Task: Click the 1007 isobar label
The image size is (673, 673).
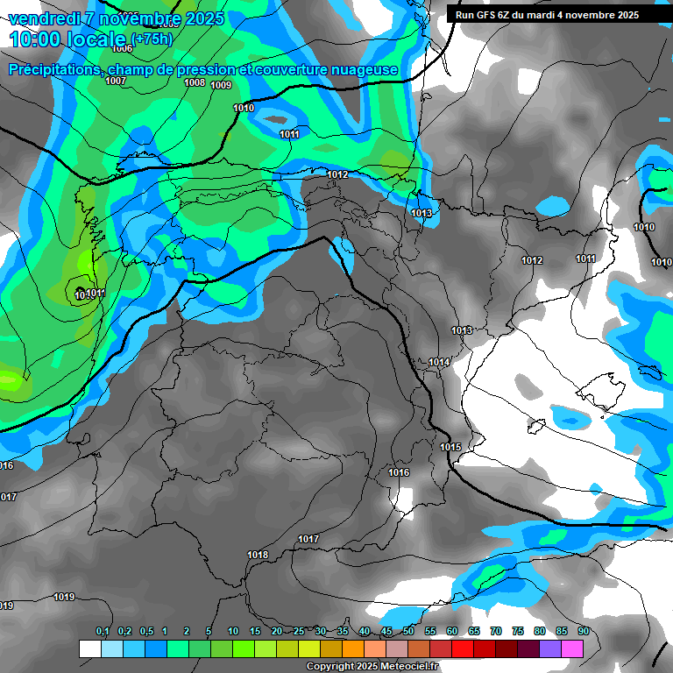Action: click(x=116, y=81)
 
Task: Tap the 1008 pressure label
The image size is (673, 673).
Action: click(x=195, y=82)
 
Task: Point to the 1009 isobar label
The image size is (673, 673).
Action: click(x=221, y=85)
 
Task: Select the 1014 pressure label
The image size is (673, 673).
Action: click(x=439, y=362)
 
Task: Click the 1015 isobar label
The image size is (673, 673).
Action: click(x=450, y=447)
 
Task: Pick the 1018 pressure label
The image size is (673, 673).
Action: click(x=258, y=555)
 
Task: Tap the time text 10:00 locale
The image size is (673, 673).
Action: click(x=67, y=40)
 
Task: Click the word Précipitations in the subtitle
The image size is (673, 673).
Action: click(x=53, y=70)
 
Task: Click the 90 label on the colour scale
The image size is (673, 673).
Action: click(x=584, y=631)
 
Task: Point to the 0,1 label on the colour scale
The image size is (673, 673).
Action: click(x=102, y=631)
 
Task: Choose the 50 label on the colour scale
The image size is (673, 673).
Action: click(x=408, y=631)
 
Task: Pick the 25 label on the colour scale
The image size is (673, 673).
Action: click(x=299, y=631)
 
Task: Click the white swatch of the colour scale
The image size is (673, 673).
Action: click(x=89, y=648)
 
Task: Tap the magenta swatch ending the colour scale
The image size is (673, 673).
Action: click(x=572, y=648)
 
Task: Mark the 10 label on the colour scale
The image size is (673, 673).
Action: click(x=233, y=631)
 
